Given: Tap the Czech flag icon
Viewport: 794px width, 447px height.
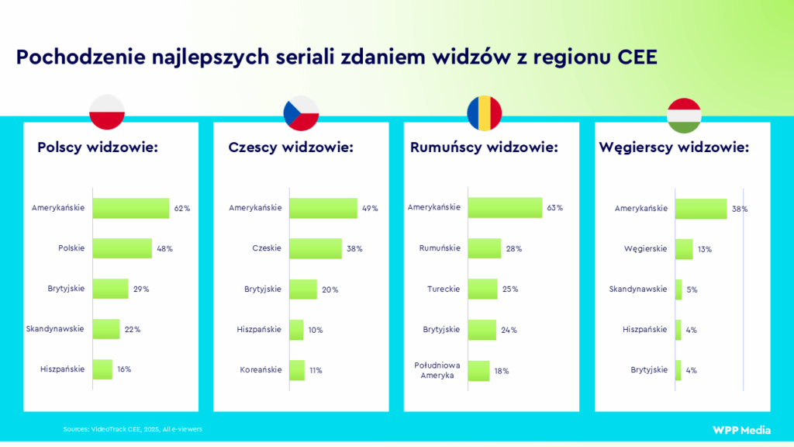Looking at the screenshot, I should tap(301, 113).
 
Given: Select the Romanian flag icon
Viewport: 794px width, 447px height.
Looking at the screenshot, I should tap(484, 113).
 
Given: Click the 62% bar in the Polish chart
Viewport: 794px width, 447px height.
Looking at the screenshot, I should tap(130, 208).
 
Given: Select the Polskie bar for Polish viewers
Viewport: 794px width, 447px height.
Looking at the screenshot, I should tap(122, 248).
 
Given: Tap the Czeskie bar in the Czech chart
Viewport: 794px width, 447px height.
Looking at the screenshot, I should tap(315, 248).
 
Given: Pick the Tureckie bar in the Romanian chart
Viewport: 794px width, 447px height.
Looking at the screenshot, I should tap(482, 289).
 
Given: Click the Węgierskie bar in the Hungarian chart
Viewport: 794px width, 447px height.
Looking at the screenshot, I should tap(684, 249).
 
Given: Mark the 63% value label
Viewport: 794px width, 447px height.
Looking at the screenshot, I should tap(554, 208).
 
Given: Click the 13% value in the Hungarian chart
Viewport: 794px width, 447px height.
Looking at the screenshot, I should tap(704, 249).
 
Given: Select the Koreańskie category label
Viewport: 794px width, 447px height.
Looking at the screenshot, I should tap(261, 369).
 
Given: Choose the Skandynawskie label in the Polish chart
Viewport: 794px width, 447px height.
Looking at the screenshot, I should tap(55, 329).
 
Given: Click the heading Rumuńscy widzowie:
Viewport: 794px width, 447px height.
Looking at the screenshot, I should tap(484, 147).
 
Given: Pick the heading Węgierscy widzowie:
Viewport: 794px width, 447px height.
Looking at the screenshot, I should tap(674, 147).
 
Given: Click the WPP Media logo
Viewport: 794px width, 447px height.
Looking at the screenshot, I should tap(737, 430).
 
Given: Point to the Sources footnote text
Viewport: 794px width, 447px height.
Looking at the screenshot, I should tap(133, 429).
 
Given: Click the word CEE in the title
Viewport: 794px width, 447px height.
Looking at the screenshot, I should tap(638, 57).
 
